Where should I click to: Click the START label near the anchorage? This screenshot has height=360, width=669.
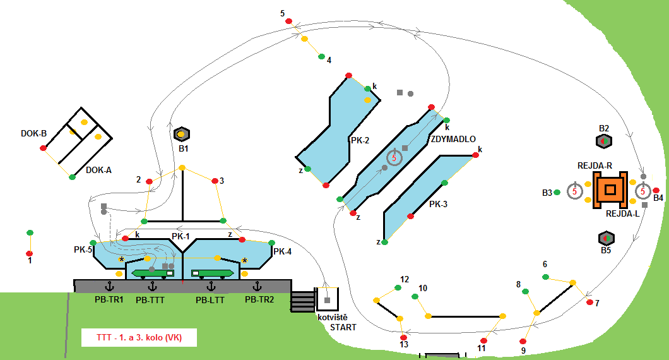pos(343,327)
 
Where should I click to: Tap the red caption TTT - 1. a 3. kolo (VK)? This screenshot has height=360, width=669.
pos(139,337)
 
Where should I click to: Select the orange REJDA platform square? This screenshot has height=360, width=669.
pos(610,189)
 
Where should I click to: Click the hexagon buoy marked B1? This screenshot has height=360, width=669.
pos(181,134)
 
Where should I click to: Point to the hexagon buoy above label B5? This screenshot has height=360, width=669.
pos(605,238)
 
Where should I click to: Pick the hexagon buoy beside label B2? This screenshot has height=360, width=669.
pos(604,141)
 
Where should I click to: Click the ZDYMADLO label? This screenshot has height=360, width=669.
pos(453,139)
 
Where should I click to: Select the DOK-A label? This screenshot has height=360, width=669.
pos(98,169)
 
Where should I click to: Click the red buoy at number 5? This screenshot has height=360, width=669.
pos(289,21)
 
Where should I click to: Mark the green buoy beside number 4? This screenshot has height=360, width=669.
pos(321,56)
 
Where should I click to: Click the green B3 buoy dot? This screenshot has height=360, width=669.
pos(557,193)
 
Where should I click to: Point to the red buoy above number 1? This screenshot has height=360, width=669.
pos(29,253)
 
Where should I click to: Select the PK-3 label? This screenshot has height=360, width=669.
pos(439,204)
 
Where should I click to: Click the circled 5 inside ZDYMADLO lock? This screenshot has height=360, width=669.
pos(394,158)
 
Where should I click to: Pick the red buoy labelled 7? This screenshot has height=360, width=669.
pos(589,303)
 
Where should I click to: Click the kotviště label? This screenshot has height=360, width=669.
pos(332,316)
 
